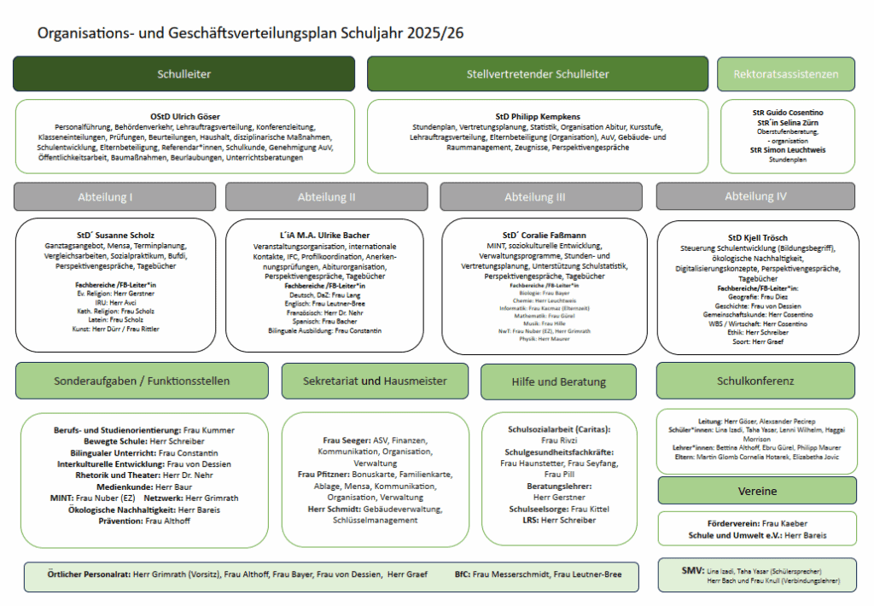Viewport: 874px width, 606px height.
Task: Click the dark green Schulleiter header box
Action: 184,74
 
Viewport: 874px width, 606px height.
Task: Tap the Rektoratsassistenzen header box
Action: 786,74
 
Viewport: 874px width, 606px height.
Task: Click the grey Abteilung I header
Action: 114,196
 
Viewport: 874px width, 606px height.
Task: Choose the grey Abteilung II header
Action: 327,196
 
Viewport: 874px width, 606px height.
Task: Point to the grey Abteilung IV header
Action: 755,196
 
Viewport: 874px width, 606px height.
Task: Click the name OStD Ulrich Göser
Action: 185,116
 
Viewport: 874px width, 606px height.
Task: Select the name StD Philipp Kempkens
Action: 538,116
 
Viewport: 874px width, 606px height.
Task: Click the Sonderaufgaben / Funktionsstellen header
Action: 142,381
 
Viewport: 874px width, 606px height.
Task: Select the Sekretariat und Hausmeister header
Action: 375,381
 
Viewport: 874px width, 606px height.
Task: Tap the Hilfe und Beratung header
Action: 558,382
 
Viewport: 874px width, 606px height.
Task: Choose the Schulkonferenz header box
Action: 755,381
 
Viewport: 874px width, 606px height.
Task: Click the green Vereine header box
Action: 757,491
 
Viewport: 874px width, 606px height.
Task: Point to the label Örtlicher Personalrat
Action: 87,575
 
